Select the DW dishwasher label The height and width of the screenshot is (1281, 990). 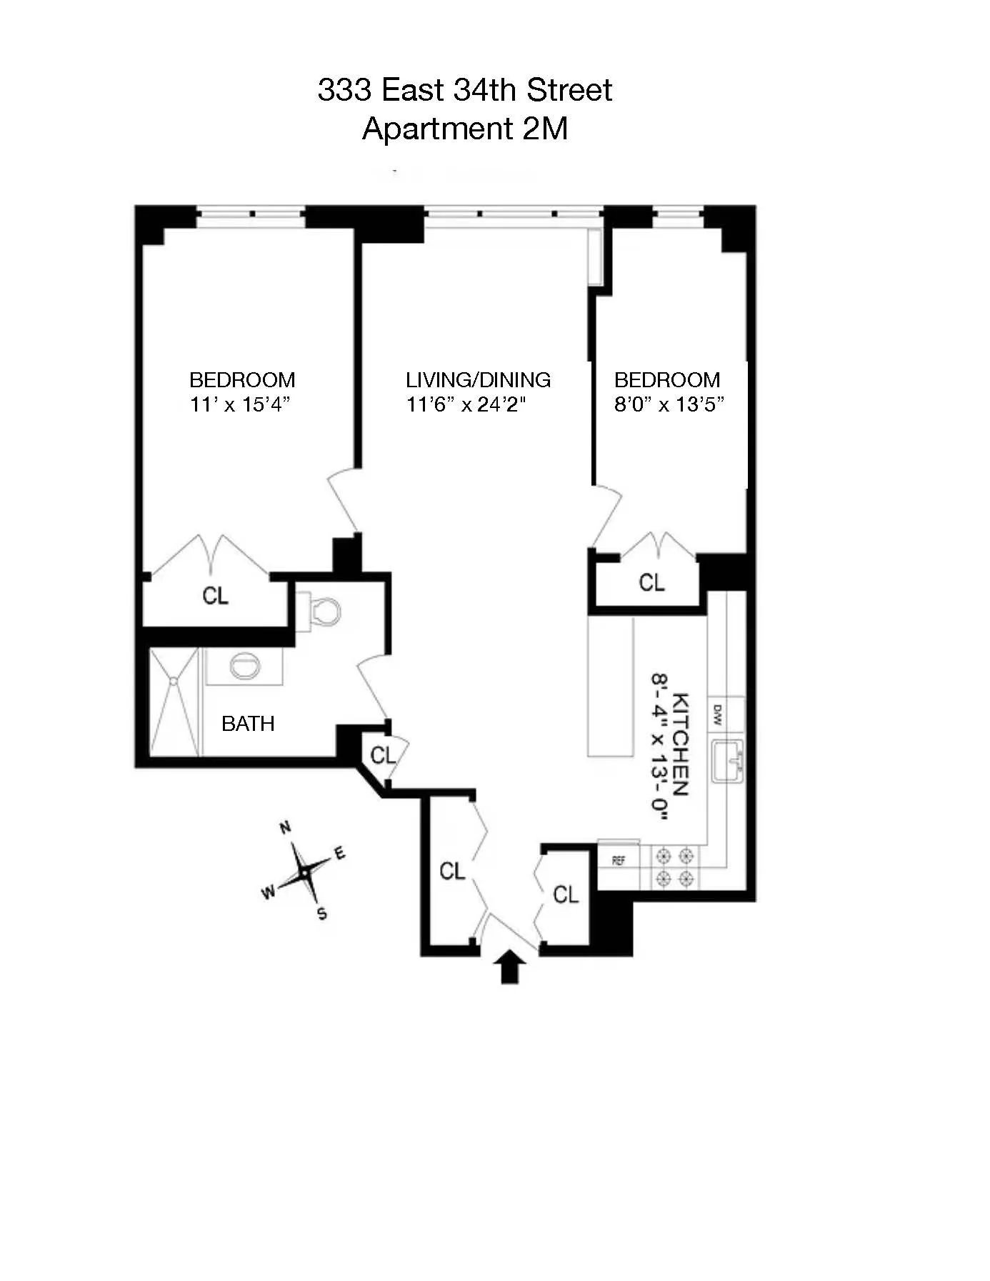click(x=717, y=714)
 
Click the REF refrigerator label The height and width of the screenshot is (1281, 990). click(x=619, y=861)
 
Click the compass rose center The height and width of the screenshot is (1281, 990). click(x=305, y=872)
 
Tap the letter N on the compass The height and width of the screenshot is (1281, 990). click(x=285, y=828)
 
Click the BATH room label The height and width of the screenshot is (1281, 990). click(x=248, y=724)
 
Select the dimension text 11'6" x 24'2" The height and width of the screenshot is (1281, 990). click(x=466, y=405)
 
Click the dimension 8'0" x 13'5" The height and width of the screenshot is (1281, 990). click(x=669, y=405)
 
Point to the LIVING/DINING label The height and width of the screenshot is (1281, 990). click(x=478, y=379)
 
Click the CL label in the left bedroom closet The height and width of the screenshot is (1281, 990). click(x=216, y=595)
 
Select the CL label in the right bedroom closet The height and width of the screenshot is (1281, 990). click(x=651, y=583)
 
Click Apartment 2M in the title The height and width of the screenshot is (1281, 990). click(x=465, y=129)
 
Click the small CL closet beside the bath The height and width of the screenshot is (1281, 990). click(x=383, y=755)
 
